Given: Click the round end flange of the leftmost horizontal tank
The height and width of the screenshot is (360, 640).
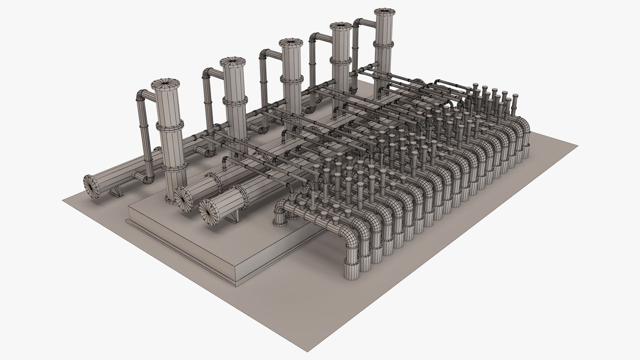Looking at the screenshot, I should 93,187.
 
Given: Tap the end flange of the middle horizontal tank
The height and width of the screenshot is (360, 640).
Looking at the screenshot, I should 183,198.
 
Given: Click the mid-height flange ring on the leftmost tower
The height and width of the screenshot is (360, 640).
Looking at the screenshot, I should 170,126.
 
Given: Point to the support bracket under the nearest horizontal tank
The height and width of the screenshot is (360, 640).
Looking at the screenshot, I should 235,217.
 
